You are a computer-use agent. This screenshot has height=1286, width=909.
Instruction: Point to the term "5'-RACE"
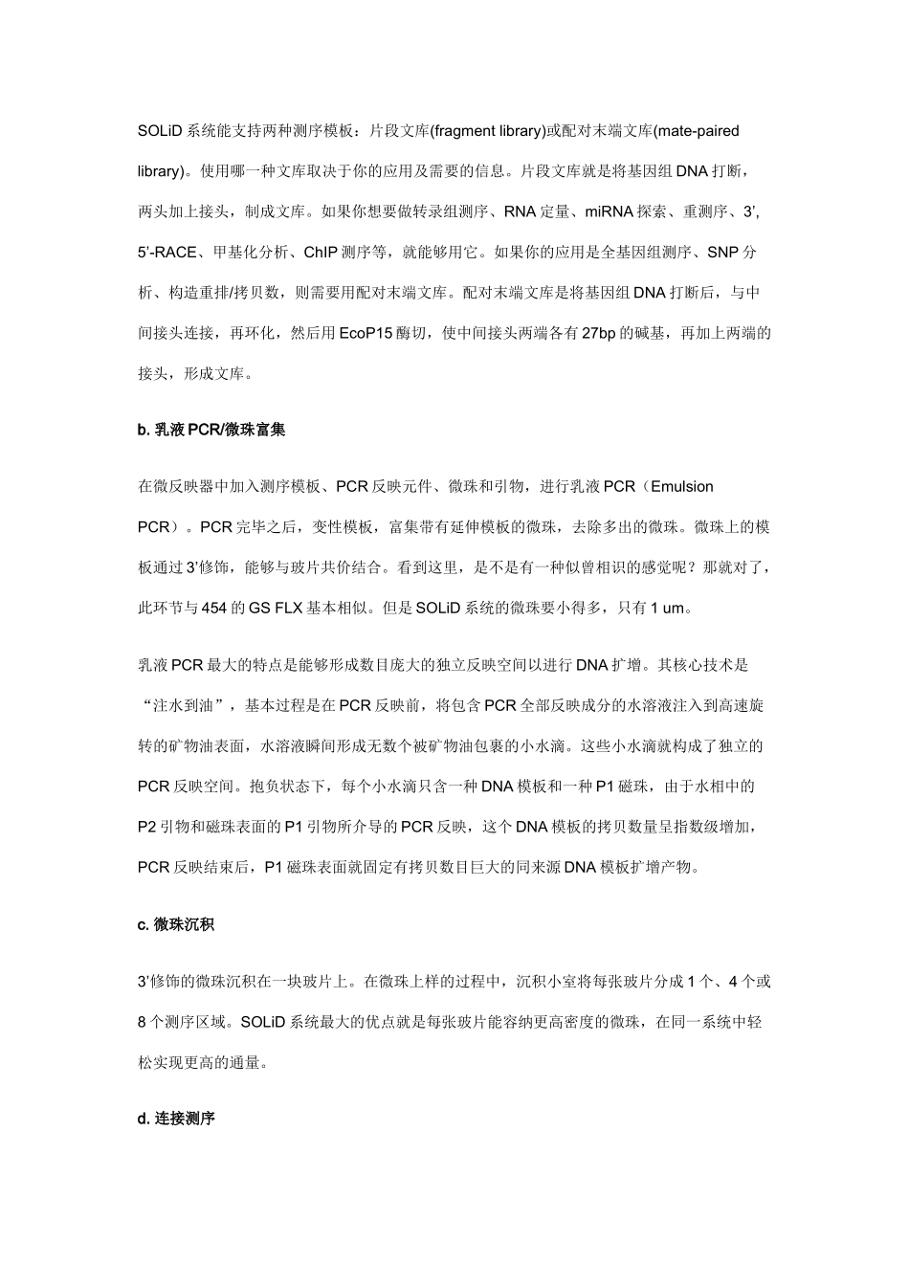(167, 253)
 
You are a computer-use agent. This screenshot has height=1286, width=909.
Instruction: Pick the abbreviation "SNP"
(723, 253)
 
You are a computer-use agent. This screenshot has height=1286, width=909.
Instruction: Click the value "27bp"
(599, 334)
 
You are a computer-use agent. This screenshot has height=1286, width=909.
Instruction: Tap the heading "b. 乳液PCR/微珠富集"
(211, 431)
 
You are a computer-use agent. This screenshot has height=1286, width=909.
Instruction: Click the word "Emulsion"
(682, 486)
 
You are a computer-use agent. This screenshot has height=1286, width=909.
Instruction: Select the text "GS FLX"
(277, 608)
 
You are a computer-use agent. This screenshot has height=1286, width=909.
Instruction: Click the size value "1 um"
(667, 608)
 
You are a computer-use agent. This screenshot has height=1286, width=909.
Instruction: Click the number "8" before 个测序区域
(142, 1022)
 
